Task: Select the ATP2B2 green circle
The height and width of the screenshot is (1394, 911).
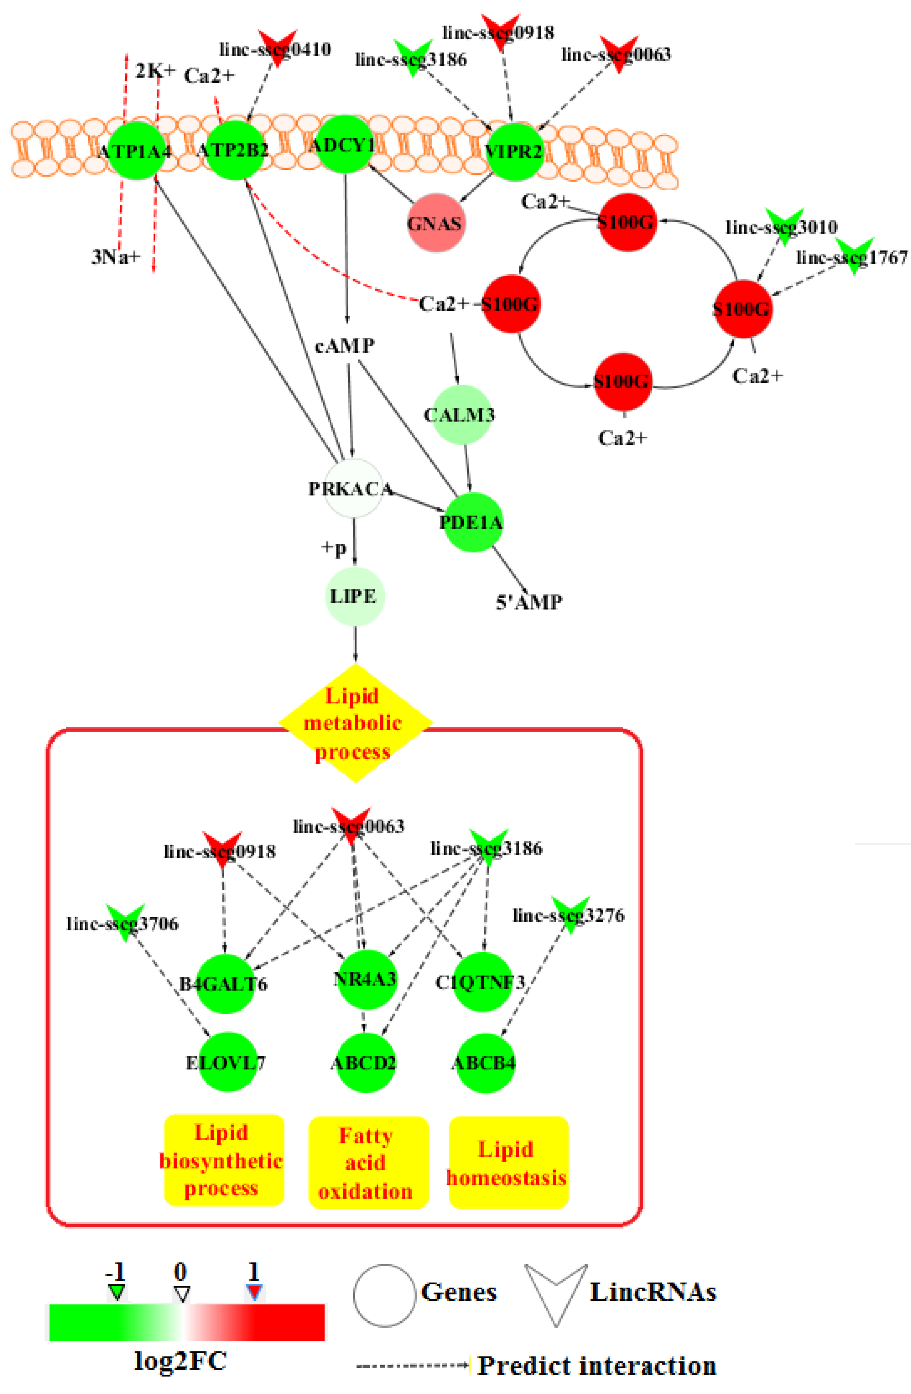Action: click(234, 150)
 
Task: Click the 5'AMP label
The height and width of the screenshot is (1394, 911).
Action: click(529, 602)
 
